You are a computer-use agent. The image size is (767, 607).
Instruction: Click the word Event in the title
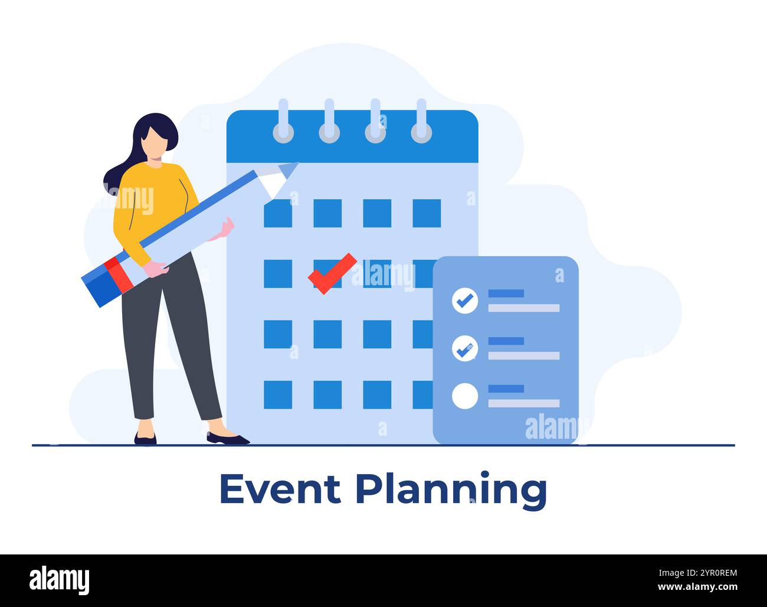(280, 488)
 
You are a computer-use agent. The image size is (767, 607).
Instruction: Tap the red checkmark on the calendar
(332, 272)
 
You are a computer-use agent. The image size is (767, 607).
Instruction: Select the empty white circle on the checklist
(464, 396)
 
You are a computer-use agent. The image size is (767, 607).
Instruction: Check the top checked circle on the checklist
(464, 301)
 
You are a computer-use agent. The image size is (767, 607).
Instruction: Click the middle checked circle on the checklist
(464, 348)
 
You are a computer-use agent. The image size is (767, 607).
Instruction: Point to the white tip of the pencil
(276, 183)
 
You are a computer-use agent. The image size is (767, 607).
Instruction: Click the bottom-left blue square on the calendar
(277, 394)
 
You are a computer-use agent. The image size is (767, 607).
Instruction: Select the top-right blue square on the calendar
(426, 213)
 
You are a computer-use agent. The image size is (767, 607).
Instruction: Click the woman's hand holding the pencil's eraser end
(156, 269)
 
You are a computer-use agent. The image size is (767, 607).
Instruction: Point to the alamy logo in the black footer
(60, 580)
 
